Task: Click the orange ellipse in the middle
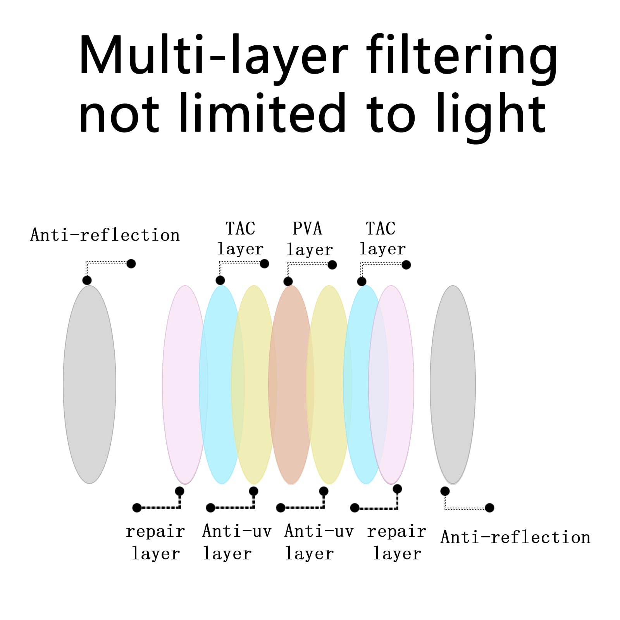click(291, 385)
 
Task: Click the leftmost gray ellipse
click(90, 384)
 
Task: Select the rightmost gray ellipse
click(453, 385)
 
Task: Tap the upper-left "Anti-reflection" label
click(105, 235)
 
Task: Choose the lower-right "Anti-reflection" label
click(515, 537)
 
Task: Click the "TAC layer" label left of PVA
click(240, 239)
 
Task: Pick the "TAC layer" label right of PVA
click(382, 239)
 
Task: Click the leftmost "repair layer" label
click(155, 542)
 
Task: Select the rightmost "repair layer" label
click(397, 542)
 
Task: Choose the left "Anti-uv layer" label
click(237, 542)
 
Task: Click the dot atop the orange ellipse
click(288, 281)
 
